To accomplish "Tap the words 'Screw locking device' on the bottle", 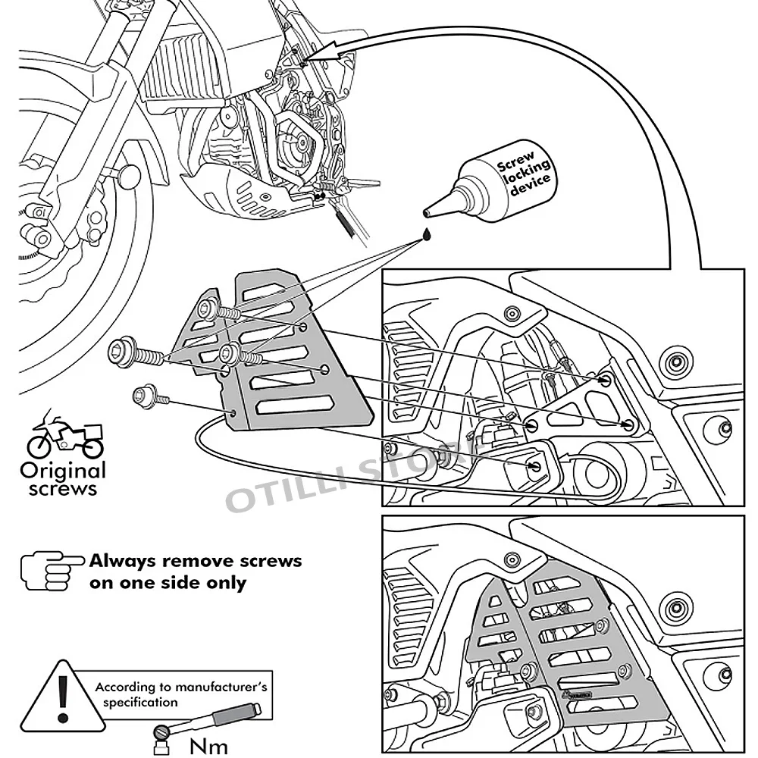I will click(x=523, y=173).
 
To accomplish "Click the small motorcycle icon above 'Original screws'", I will click(x=64, y=436).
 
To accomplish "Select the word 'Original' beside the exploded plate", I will click(x=63, y=470).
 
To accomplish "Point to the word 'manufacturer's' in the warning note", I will click(x=224, y=688).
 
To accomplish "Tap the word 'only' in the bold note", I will click(x=226, y=583).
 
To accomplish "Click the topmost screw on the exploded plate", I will click(x=212, y=308).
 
